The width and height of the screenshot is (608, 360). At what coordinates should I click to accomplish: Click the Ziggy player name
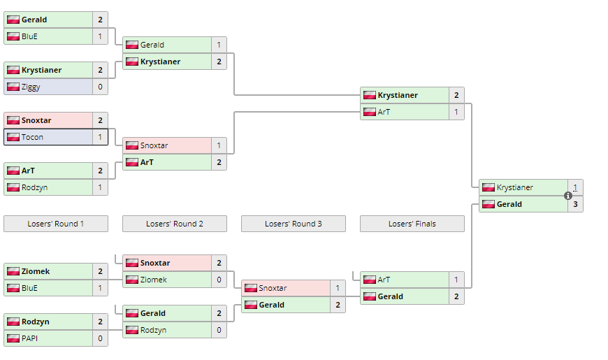[x=31, y=87]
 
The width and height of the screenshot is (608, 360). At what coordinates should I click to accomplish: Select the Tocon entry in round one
[x=32, y=137]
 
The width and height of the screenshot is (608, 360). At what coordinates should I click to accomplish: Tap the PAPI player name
[x=30, y=338]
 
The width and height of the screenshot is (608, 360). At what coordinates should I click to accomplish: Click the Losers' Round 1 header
[x=56, y=224]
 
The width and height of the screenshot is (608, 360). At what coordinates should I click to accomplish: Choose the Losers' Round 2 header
[x=175, y=224]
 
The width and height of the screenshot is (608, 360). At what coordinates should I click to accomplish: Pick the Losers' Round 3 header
[x=294, y=224]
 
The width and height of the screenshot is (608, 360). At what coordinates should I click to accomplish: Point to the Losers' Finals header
[x=412, y=224]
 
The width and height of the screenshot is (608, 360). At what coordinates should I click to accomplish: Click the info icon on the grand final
[x=568, y=196]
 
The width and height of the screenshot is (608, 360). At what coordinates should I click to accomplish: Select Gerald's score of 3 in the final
[x=575, y=204]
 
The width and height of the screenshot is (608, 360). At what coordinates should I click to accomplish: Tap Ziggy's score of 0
[x=100, y=87]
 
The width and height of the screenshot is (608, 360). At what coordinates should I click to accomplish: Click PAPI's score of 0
[x=100, y=338]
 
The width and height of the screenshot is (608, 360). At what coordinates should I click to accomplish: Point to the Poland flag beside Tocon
[x=13, y=137]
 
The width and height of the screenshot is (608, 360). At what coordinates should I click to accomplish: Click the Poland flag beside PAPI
[x=13, y=338]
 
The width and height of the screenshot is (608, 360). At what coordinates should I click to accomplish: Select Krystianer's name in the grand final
[x=514, y=187]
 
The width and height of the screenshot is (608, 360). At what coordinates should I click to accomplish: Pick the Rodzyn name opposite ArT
[x=34, y=187]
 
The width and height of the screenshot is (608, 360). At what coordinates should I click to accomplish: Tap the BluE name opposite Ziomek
[x=29, y=288]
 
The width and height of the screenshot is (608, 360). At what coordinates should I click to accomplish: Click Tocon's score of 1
[x=100, y=137]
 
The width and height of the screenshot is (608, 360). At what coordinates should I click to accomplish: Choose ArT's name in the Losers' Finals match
[x=384, y=280]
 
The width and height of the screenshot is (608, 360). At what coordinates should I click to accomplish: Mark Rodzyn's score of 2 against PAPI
[x=100, y=322]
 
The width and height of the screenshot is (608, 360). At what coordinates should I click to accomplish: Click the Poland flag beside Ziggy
[x=13, y=87]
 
